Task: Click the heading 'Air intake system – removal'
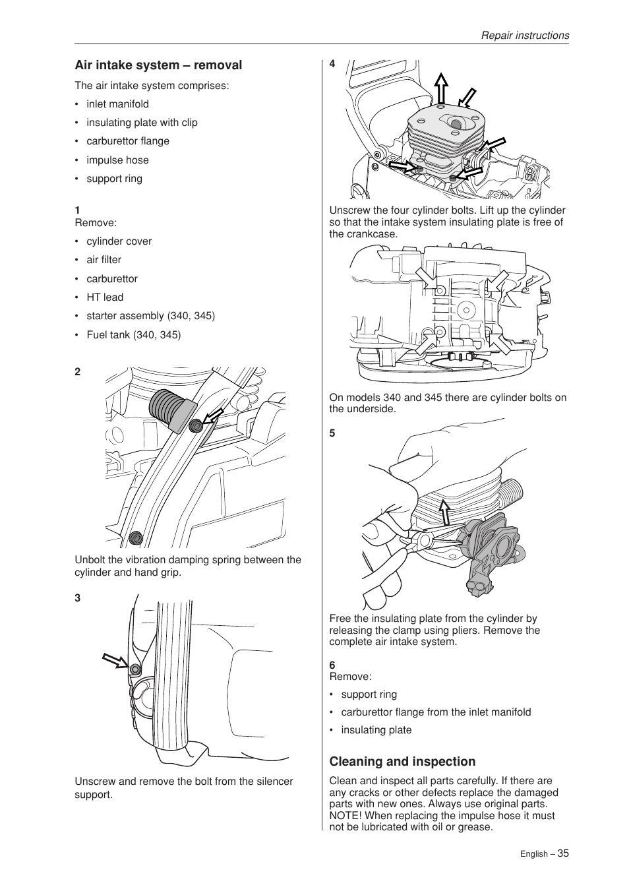158,65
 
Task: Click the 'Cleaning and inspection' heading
402,762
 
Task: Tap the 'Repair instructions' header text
524,36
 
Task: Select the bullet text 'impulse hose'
117,160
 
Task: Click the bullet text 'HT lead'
105,297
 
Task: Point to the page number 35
562,853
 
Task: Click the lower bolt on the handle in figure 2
136,537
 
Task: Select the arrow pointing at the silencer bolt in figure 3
115,660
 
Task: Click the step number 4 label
332,64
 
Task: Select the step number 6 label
332,665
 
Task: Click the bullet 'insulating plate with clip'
142,123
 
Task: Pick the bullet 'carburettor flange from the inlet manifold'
436,712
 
